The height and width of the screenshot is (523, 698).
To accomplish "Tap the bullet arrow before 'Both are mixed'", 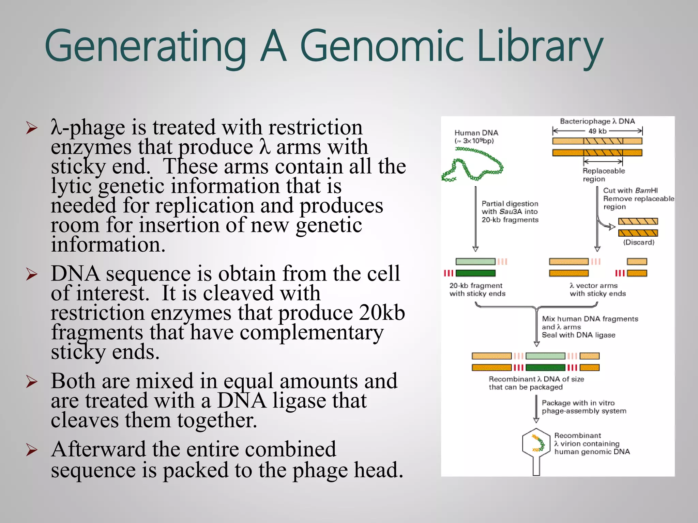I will [32, 382].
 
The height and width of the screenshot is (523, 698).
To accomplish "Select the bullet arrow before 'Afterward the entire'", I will [32, 450].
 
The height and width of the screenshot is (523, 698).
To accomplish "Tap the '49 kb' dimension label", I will [597, 131].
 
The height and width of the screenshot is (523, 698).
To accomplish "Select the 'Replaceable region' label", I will [603, 175].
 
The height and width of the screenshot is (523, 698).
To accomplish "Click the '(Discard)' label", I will [638, 242].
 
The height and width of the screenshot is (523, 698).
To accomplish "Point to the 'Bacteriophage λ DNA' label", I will [597, 121].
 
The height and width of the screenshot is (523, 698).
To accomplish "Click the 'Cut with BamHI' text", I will [630, 190].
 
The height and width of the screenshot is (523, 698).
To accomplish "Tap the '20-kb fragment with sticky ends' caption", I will [477, 289].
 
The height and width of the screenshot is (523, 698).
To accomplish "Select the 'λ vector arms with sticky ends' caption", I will [598, 289].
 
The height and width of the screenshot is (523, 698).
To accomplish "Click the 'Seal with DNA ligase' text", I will [578, 335].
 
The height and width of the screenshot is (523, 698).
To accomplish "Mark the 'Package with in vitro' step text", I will [578, 403].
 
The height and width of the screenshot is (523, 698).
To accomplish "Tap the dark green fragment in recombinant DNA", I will [545, 367].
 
